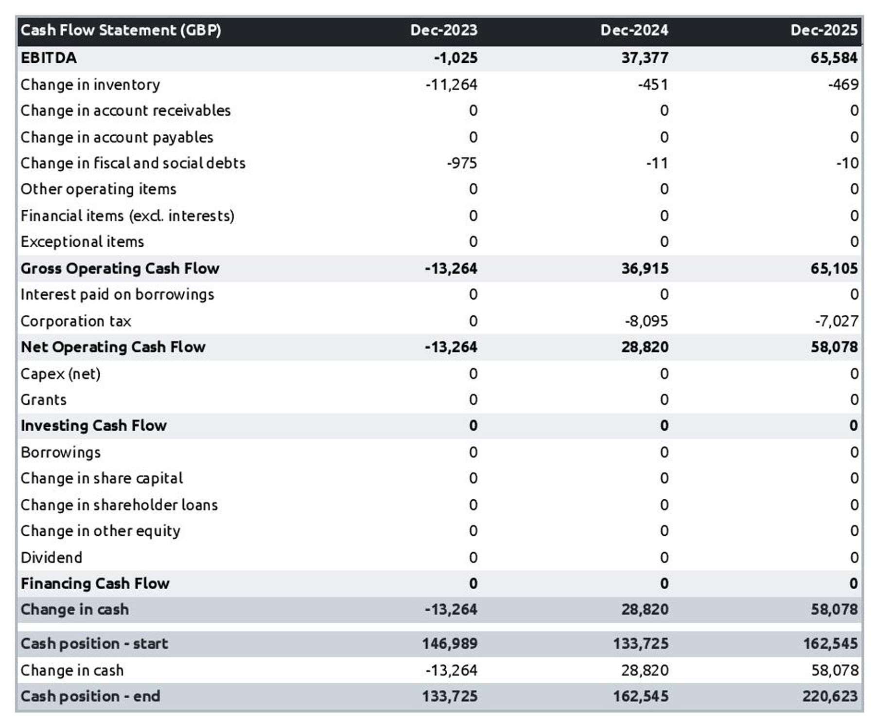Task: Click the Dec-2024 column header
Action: (x=634, y=30)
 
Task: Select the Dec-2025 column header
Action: (x=824, y=30)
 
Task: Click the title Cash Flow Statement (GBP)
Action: (x=121, y=30)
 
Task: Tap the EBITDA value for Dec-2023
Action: (x=455, y=58)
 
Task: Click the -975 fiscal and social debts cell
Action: (x=462, y=163)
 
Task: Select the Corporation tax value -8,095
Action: (x=646, y=321)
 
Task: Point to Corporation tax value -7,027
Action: (x=836, y=321)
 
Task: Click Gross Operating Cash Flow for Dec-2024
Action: (x=645, y=269)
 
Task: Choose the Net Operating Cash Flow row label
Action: (x=113, y=347)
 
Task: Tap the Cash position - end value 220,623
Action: (x=830, y=696)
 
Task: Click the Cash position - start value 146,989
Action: (x=450, y=644)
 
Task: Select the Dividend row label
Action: (x=52, y=558)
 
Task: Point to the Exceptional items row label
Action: (x=82, y=242)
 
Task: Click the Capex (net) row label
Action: (x=61, y=374)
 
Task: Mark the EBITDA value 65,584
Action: (x=834, y=58)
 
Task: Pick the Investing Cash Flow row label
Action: (x=93, y=426)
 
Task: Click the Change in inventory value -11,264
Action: (x=451, y=85)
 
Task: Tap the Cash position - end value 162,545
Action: (x=640, y=696)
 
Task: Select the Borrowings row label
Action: (x=61, y=453)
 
